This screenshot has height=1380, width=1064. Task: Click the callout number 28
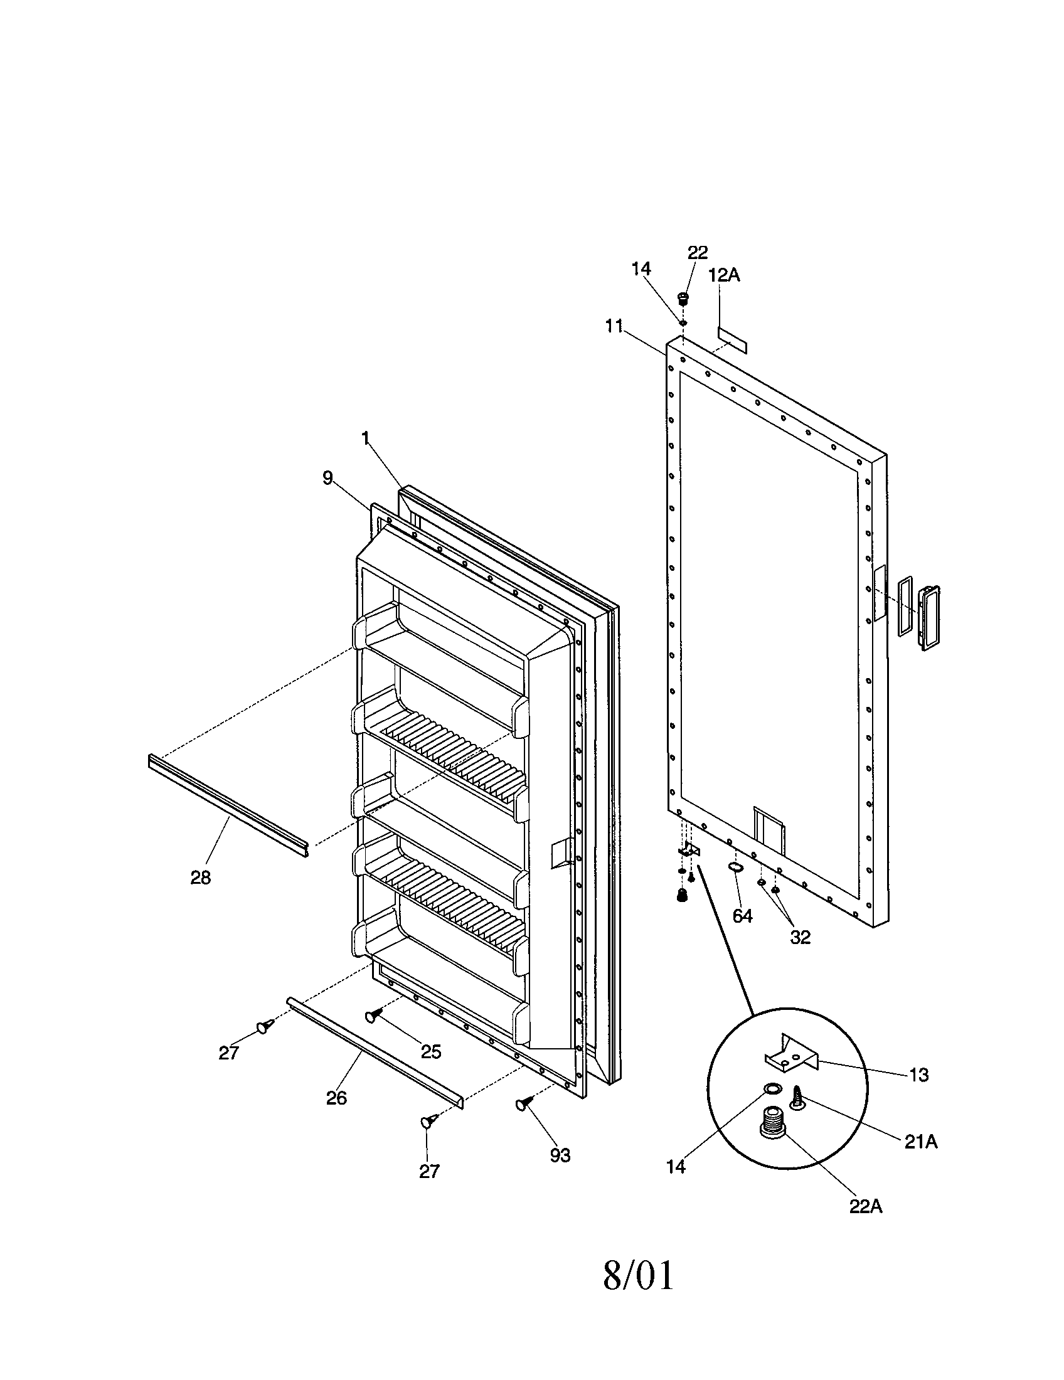[200, 877]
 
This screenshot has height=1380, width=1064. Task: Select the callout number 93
[560, 1155]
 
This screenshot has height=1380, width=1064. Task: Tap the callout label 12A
[724, 275]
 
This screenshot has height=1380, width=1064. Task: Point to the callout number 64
[742, 916]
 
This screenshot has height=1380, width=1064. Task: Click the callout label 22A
[865, 1206]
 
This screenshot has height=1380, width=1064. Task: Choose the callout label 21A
[919, 1141]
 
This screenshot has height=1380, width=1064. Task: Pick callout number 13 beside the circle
[918, 1074]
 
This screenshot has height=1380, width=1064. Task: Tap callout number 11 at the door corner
[614, 327]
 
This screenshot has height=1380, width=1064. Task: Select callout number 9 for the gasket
[327, 478]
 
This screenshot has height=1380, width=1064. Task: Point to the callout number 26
[336, 1098]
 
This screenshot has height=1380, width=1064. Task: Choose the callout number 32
[800, 937]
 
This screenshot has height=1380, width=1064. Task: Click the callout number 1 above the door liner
[365, 438]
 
